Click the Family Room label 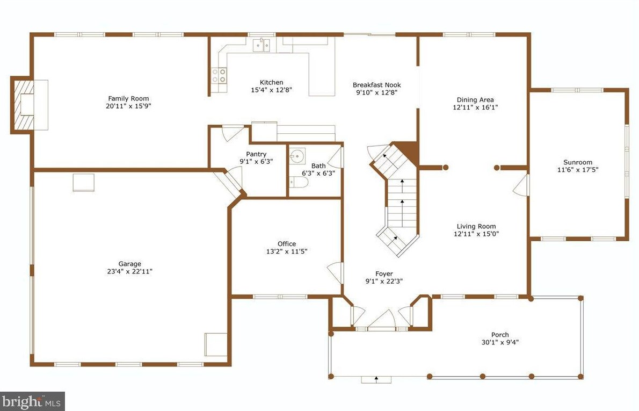[x=128, y=98]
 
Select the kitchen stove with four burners [x=219, y=75]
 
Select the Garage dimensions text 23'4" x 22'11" [x=130, y=271]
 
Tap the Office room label [x=286, y=244]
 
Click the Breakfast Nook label [x=376, y=85]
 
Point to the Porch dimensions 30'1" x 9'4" [x=499, y=342]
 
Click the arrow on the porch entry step [x=376, y=379]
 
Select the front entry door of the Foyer [x=382, y=321]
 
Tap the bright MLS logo [x=32, y=401]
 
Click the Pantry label [x=256, y=154]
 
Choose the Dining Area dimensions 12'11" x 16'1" [x=475, y=107]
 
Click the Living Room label [x=476, y=226]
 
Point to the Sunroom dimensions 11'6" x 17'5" [x=577, y=170]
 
